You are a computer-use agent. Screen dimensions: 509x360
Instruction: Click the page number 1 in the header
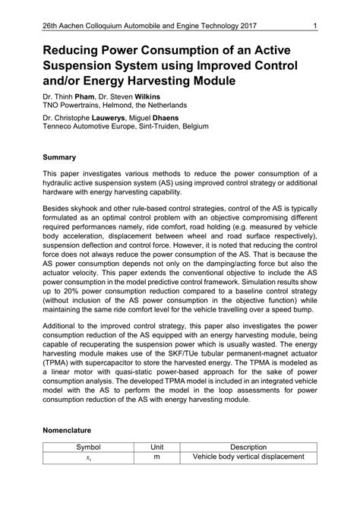314,28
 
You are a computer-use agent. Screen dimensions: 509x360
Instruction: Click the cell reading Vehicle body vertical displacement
248,457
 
